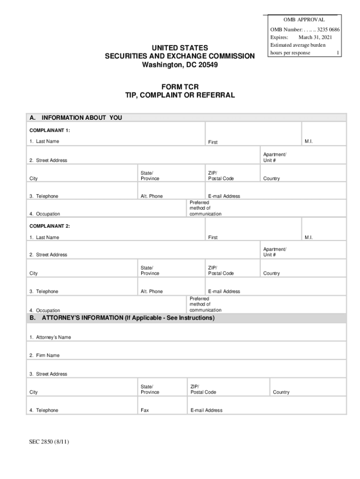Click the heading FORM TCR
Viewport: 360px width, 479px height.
[180, 87]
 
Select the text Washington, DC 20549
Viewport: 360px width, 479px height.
[180, 65]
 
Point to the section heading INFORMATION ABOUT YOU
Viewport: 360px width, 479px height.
[82, 118]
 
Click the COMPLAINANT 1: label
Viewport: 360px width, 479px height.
[50, 131]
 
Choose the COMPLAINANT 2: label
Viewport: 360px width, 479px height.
[50, 226]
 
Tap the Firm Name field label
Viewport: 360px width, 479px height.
[44, 356]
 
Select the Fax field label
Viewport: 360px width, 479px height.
[145, 410]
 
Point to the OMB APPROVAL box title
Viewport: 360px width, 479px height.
[304, 20]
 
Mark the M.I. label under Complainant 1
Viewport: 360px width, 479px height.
[309, 141]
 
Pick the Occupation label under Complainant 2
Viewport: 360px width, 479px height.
[45, 311]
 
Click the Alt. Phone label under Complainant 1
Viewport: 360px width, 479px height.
[151, 196]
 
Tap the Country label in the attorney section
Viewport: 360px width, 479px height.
[281, 392]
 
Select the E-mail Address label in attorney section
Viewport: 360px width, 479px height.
[206, 410]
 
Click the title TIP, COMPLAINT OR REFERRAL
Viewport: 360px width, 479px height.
[180, 95]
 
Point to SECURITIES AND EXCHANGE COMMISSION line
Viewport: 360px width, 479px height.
[180, 56]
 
